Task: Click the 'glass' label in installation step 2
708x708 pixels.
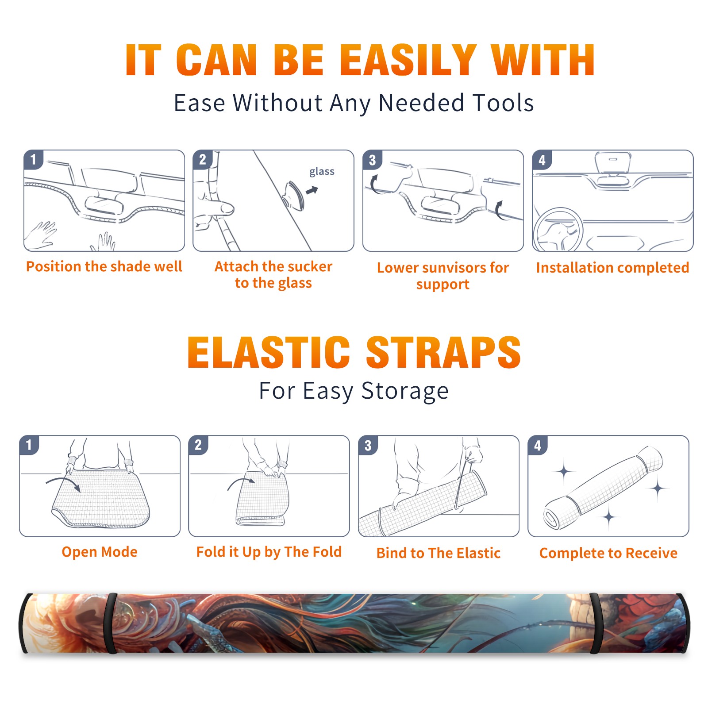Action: pyautogui.click(x=322, y=172)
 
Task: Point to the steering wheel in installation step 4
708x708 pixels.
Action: pyautogui.click(x=558, y=230)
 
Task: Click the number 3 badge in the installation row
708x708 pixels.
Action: pyautogui.click(x=372, y=160)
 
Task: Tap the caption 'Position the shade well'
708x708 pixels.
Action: pyautogui.click(x=104, y=266)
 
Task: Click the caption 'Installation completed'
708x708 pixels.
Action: pyautogui.click(x=612, y=267)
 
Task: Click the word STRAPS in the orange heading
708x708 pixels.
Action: pyautogui.click(x=443, y=352)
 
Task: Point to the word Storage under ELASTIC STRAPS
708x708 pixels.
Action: pyautogui.click(x=405, y=391)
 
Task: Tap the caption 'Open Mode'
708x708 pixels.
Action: pyautogui.click(x=100, y=552)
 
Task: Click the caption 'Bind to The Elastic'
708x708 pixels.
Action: pyautogui.click(x=439, y=553)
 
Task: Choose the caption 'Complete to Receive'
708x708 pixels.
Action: pyautogui.click(x=608, y=553)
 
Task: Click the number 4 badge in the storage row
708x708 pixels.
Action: pyautogui.click(x=538, y=445)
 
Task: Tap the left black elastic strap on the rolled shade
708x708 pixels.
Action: pyautogui.click(x=111, y=623)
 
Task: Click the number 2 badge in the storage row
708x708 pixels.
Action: pyautogui.click(x=198, y=445)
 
